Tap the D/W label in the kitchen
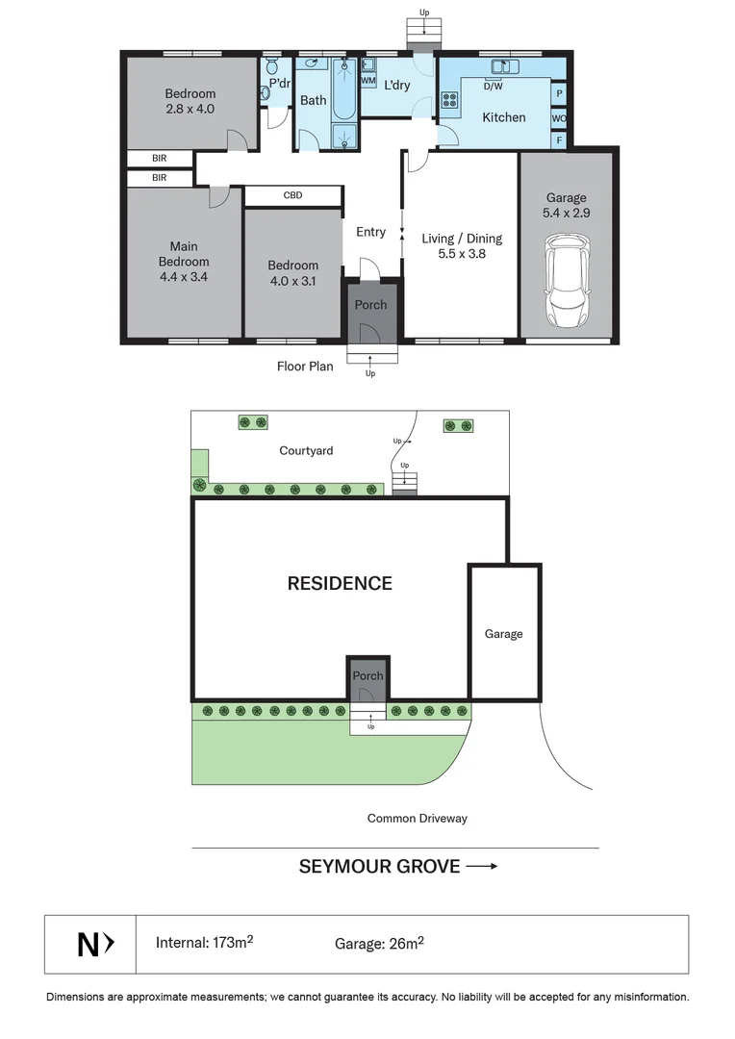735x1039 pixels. click(493, 87)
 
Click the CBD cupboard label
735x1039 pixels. click(293, 195)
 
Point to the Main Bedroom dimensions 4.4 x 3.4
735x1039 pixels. click(184, 277)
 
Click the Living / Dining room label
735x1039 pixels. click(462, 239)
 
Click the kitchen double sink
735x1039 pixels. click(504, 66)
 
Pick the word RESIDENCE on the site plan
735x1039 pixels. click(340, 583)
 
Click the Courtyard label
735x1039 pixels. click(306, 450)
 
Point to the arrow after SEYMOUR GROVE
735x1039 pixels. click(482, 866)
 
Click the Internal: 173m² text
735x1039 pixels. click(204, 943)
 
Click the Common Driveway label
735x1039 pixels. click(417, 819)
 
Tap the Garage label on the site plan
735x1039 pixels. click(503, 634)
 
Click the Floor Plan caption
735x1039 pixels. click(305, 367)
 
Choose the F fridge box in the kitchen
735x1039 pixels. click(559, 140)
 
